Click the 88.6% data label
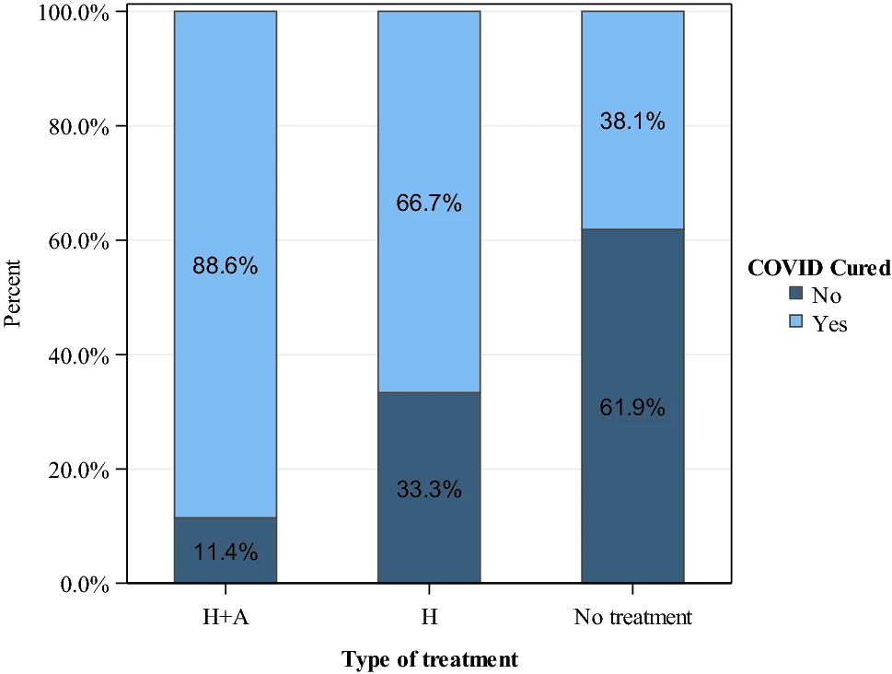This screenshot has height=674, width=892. click(x=226, y=266)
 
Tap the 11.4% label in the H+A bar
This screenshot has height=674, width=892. click(x=226, y=552)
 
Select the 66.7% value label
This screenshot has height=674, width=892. click(x=429, y=203)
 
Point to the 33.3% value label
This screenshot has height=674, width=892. click(x=429, y=489)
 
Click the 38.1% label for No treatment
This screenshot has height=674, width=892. click(x=632, y=121)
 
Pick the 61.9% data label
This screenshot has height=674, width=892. click(x=632, y=408)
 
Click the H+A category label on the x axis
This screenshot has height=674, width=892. click(x=226, y=617)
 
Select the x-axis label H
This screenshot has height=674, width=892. click(x=430, y=617)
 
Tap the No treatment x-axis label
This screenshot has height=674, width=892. click(x=632, y=617)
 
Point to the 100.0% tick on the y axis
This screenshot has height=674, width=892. click(x=74, y=13)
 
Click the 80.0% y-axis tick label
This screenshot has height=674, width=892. click(x=78, y=127)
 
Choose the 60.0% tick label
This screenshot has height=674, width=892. click(x=78, y=242)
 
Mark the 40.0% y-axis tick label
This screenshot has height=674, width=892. click(x=78, y=357)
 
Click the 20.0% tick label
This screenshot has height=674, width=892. click(x=78, y=471)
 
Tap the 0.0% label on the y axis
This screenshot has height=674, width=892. click(x=84, y=586)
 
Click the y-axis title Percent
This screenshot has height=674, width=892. click(x=12, y=294)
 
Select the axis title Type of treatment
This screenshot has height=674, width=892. click(x=430, y=659)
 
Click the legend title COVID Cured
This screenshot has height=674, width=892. click(x=819, y=268)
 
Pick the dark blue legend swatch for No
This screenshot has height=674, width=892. click(x=796, y=293)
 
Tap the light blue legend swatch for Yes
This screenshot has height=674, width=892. click(x=796, y=321)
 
